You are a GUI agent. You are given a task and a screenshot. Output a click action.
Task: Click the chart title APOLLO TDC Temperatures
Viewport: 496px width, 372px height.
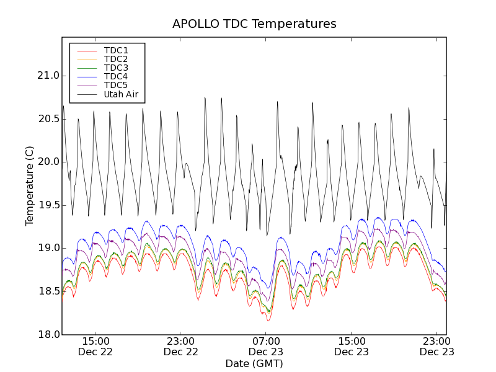point(254,24)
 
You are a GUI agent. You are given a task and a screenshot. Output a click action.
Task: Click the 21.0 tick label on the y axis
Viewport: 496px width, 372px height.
point(47,76)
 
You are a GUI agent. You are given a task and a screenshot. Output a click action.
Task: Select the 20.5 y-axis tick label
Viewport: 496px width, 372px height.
point(47,119)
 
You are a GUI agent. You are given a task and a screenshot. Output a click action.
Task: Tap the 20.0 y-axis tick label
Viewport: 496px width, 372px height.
point(47,162)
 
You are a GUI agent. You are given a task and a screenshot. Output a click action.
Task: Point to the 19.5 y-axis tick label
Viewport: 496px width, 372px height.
point(47,205)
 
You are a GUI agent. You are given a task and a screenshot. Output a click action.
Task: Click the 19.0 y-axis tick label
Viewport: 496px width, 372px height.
point(47,248)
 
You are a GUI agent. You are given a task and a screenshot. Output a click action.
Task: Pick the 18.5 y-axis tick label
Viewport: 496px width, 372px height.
point(47,291)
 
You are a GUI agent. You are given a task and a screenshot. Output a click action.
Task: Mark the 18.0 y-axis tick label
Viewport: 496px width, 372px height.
point(47,334)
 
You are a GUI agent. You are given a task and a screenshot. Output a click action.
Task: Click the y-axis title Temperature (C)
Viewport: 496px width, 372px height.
point(30,186)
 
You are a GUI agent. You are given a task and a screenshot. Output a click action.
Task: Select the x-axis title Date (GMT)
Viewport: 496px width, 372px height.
point(254,363)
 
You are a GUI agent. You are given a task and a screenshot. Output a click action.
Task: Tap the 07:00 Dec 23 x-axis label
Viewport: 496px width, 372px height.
point(266,346)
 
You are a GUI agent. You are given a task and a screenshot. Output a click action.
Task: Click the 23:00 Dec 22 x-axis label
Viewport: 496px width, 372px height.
point(180,346)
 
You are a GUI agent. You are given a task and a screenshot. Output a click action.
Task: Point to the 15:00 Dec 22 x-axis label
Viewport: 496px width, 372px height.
point(95,346)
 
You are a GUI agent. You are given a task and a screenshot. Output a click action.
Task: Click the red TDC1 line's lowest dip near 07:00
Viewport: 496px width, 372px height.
point(268,321)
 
